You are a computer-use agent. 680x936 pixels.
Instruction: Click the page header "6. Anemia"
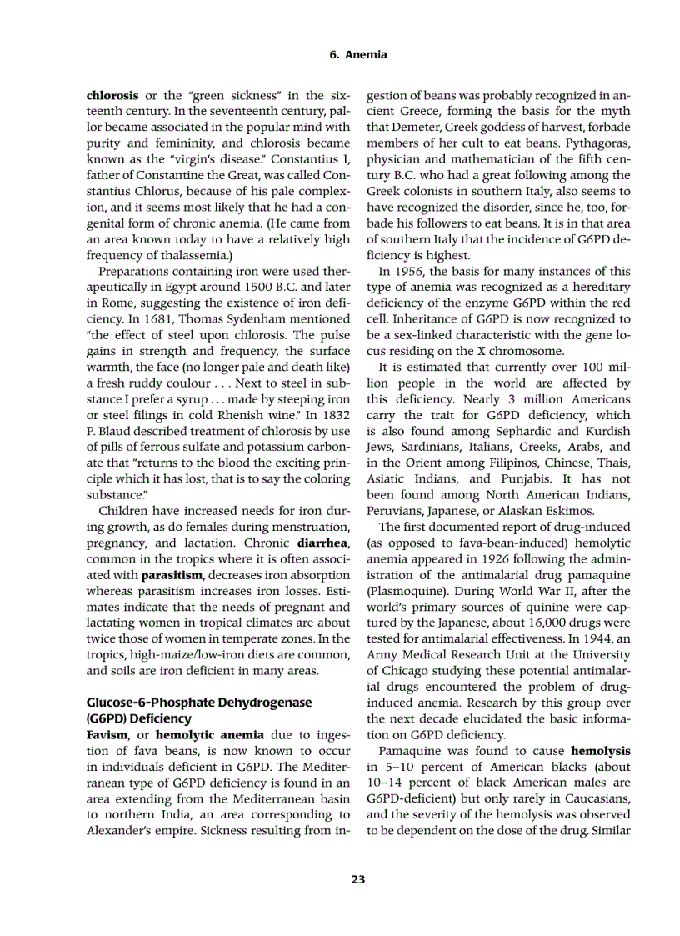[358, 55]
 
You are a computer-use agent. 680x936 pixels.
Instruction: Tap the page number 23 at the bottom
[358, 878]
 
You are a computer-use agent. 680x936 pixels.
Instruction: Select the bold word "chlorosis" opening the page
[112, 96]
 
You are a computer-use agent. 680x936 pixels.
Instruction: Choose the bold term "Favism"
[107, 733]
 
